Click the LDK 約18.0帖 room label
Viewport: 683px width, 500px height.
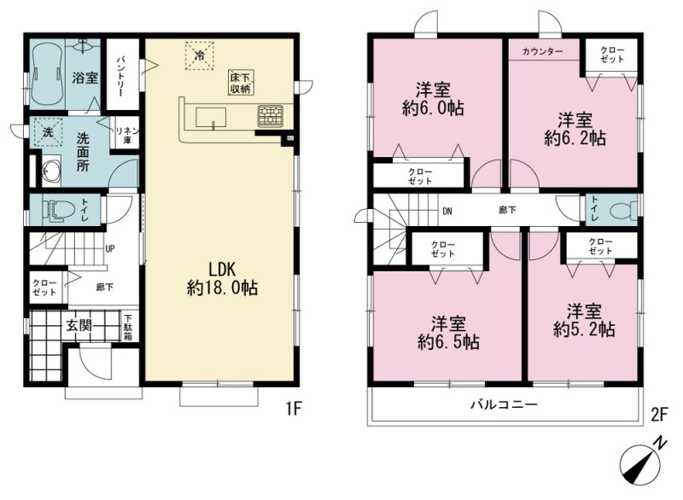pyautogui.click(x=222, y=279)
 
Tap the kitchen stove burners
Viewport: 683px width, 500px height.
pyautogui.click(x=270, y=116)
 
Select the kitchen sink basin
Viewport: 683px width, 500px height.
pyautogui.click(x=211, y=117)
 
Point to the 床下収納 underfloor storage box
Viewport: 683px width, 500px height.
pyautogui.click(x=241, y=83)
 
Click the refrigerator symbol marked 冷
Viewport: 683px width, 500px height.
pyautogui.click(x=200, y=55)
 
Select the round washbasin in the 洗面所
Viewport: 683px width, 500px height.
pyautogui.click(x=51, y=170)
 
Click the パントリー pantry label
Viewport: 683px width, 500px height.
pyautogui.click(x=120, y=75)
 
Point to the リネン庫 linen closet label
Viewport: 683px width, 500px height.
pyautogui.click(x=126, y=135)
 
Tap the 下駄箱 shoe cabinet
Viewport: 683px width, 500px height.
pyautogui.click(x=128, y=328)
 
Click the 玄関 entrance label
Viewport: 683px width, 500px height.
pyautogui.click(x=79, y=325)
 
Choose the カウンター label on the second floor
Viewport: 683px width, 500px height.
pyautogui.click(x=542, y=51)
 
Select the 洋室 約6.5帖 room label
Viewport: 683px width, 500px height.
pyautogui.click(x=449, y=334)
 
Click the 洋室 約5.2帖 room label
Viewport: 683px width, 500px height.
pyautogui.click(x=584, y=321)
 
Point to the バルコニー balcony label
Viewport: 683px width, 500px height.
pyautogui.click(x=504, y=404)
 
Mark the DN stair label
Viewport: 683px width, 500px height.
pyautogui.click(x=447, y=212)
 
